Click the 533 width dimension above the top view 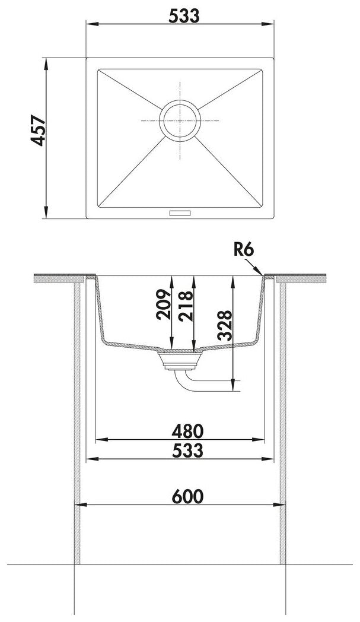point(184,16)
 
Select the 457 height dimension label point(39,131)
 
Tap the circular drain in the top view point(180,120)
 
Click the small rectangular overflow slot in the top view point(180,213)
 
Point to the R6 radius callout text point(243,250)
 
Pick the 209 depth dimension point(163,304)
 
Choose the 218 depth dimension point(185,306)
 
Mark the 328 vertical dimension point(225,326)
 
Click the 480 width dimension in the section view point(187,431)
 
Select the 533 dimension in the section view point(188,450)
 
